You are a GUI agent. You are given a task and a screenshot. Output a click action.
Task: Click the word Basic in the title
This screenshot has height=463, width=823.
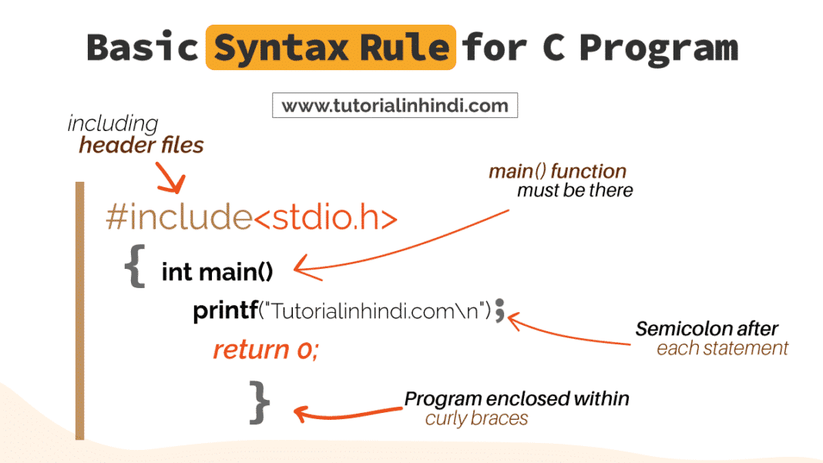143,47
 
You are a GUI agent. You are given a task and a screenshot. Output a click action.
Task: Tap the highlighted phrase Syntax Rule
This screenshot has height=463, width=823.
331,48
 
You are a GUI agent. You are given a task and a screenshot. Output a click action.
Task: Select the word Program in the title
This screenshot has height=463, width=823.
659,49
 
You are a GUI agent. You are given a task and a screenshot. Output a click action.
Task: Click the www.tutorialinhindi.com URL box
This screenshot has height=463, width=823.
395,106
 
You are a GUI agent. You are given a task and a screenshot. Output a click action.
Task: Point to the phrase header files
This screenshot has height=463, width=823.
141,145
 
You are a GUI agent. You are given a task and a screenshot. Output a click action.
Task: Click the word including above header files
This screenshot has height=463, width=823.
113,124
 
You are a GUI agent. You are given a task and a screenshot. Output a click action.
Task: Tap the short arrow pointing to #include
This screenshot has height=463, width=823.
171,177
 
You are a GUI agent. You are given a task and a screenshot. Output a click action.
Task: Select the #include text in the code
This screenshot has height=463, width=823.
179,216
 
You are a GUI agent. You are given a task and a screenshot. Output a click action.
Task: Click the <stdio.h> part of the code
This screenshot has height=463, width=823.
325,217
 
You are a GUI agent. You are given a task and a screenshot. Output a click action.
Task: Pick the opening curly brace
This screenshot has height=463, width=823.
135,266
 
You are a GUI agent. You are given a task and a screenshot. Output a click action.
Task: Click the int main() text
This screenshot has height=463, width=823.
217,272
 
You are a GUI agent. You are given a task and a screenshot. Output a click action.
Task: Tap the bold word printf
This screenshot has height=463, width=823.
225,310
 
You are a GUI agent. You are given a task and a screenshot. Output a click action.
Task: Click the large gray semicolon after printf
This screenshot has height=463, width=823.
499,310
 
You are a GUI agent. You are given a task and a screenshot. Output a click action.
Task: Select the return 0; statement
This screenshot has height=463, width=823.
266,350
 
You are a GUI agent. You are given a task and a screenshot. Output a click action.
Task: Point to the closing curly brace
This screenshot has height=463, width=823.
259,403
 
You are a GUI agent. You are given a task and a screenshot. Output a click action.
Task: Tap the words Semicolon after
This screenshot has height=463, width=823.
707,329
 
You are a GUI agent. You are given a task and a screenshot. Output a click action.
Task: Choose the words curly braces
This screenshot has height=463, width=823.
476,418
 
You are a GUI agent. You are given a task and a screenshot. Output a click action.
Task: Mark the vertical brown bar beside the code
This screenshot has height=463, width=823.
80,310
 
